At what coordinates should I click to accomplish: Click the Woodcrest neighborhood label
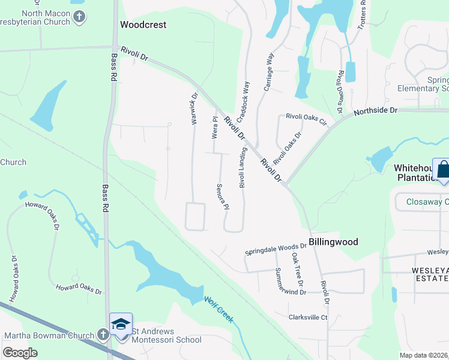(143, 25)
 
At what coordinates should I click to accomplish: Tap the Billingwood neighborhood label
(333, 242)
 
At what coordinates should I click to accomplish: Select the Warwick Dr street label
(194, 107)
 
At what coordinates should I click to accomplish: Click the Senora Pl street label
(223, 197)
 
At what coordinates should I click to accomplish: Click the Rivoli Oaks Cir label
(306, 119)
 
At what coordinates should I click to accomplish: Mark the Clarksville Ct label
(308, 317)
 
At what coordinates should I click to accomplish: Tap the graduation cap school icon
(121, 324)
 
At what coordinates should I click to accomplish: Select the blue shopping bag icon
(442, 169)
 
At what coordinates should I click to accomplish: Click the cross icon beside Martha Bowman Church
(103, 335)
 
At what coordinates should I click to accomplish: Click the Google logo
(20, 353)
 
